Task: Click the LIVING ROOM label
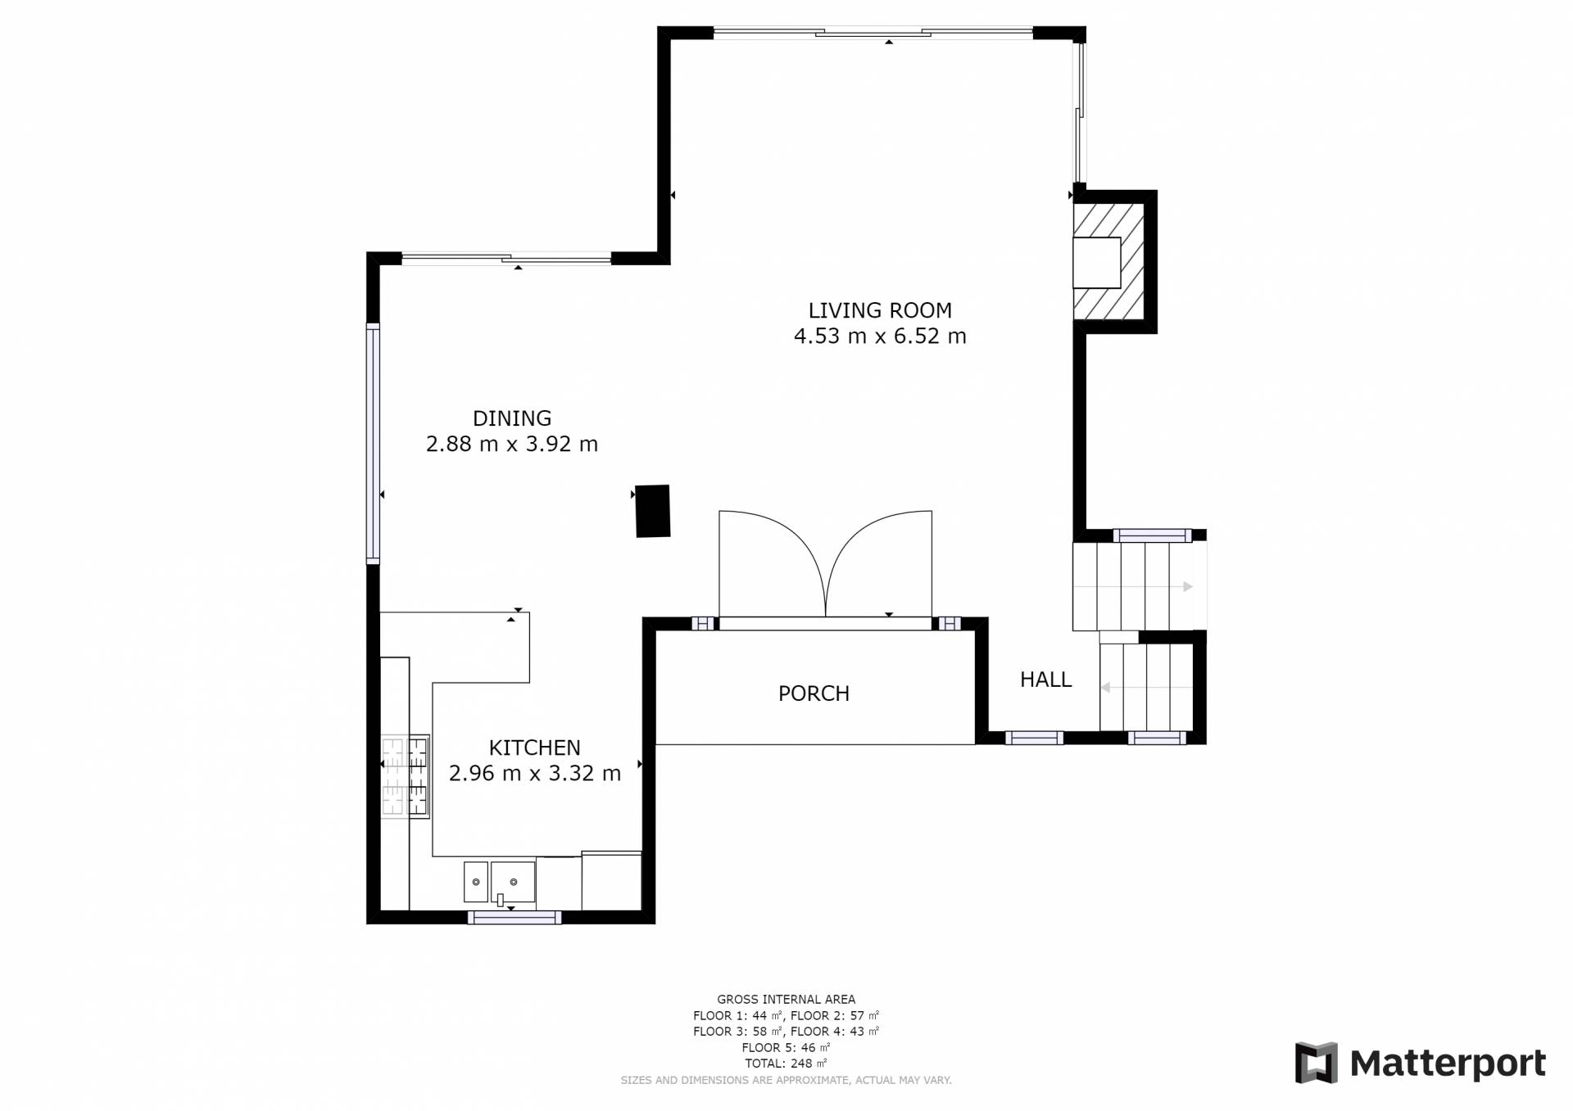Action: click(880, 310)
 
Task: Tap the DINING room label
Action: click(512, 418)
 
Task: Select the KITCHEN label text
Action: click(534, 747)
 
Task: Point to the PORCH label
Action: click(814, 693)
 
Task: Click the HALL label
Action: click(1045, 680)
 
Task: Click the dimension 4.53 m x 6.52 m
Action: click(880, 336)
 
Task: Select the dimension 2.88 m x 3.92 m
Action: click(512, 445)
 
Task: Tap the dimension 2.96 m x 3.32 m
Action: click(534, 774)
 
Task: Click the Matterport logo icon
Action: click(1316, 1063)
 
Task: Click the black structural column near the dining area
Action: click(653, 511)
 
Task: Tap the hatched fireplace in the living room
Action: click(1108, 262)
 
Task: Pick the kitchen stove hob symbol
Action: click(406, 776)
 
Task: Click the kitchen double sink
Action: click(500, 883)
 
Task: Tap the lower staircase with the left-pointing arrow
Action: click(1146, 687)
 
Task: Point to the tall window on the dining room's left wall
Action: click(373, 443)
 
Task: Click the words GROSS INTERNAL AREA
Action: click(786, 999)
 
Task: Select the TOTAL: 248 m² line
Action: click(786, 1064)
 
